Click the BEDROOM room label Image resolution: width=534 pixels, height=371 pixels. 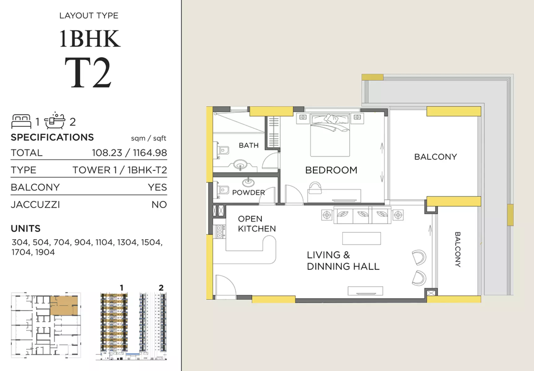click(x=331, y=170)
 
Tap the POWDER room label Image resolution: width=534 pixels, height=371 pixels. click(x=248, y=193)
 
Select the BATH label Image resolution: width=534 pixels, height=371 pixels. click(x=248, y=145)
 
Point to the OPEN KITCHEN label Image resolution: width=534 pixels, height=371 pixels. click(x=257, y=224)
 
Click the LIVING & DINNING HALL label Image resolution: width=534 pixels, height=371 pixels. click(x=343, y=261)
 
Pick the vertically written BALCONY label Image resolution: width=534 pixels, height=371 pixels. click(x=458, y=249)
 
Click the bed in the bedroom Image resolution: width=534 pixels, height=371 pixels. click(x=330, y=135)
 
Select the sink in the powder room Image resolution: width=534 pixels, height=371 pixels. click(x=248, y=182)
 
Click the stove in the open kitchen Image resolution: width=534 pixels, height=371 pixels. click(x=220, y=232)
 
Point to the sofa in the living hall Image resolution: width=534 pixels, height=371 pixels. click(x=362, y=215)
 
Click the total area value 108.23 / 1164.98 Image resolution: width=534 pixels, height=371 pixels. click(x=129, y=153)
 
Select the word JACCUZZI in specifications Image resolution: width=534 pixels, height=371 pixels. click(x=35, y=205)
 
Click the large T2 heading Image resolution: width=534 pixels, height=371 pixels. click(x=88, y=73)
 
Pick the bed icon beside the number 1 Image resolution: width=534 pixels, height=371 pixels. click(x=21, y=121)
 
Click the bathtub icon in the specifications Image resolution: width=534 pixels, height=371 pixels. click(x=55, y=120)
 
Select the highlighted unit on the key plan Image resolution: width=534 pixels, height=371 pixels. click(x=64, y=305)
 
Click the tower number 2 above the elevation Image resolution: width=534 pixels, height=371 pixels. click(x=161, y=288)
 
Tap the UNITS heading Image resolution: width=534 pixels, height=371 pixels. click(x=26, y=228)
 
